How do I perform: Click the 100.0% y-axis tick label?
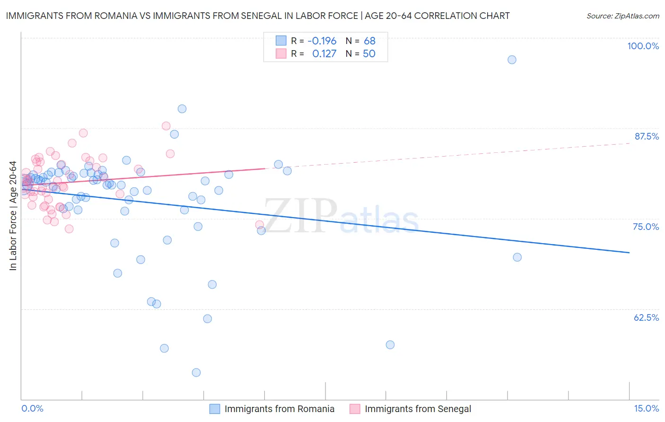(x=643, y=46)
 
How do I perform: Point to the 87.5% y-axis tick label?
(x=647, y=136)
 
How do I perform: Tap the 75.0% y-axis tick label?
(x=646, y=227)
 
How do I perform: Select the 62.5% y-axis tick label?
(x=646, y=317)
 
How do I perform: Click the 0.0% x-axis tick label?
(x=32, y=408)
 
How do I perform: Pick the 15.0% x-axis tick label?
(x=646, y=408)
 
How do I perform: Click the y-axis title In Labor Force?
(x=13, y=216)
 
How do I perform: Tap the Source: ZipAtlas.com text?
(x=622, y=16)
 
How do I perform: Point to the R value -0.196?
(x=322, y=41)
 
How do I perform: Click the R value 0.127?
(x=324, y=54)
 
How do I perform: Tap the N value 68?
(x=369, y=41)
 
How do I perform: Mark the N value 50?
(x=369, y=54)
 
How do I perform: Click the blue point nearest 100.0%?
(x=512, y=60)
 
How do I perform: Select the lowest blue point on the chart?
(x=196, y=372)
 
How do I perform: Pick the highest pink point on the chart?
(x=166, y=126)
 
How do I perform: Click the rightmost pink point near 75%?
(x=259, y=225)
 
